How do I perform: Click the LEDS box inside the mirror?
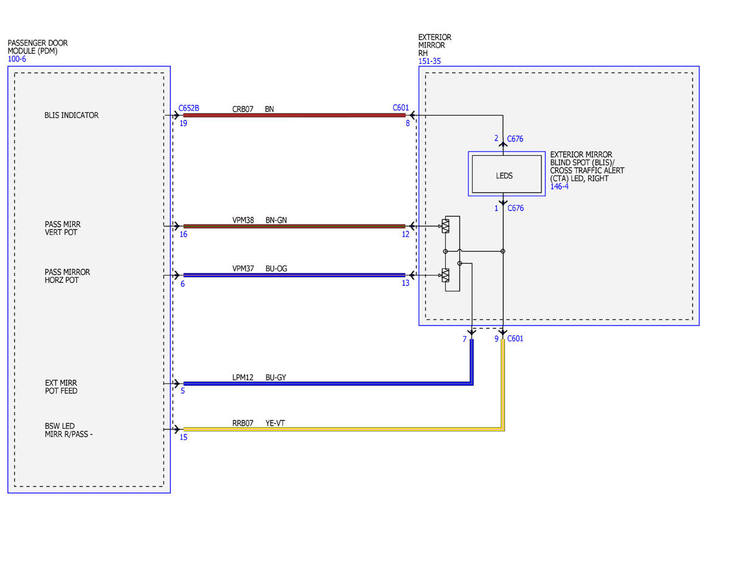[x=506, y=173]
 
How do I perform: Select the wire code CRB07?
[x=243, y=109]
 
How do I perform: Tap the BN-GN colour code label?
[x=276, y=220]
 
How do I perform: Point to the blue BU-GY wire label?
[x=276, y=377]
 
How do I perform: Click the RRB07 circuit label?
[x=243, y=423]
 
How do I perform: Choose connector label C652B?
[x=189, y=108]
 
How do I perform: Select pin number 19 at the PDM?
[x=183, y=124]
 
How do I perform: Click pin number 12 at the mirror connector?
[x=406, y=234]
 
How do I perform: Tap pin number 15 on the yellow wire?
[x=184, y=437]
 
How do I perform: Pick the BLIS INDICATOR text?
[x=72, y=115]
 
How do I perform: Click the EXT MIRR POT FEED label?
[x=61, y=386]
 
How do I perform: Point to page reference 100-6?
[x=17, y=59]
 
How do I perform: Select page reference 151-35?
[x=429, y=61]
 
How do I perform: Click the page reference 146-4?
[x=559, y=186]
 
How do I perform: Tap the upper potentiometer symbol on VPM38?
[x=445, y=226]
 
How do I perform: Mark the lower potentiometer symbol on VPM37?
[x=445, y=275]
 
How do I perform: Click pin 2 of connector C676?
[x=496, y=138]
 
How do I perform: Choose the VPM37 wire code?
[x=243, y=269]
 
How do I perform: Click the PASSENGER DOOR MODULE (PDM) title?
[x=37, y=47]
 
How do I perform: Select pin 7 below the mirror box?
[x=465, y=339]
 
